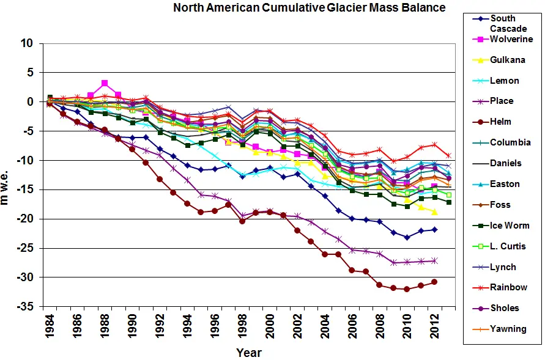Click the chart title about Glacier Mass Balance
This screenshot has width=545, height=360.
click(x=309, y=8)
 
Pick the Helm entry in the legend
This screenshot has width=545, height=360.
click(x=500, y=122)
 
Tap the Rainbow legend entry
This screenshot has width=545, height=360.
click(x=508, y=287)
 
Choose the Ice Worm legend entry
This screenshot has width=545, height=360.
click(x=510, y=225)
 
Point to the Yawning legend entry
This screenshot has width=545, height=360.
click(x=508, y=329)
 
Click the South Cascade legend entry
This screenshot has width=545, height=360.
click(x=503, y=23)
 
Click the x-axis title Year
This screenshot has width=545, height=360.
click(x=248, y=353)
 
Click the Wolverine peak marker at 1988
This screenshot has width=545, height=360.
click(x=105, y=83)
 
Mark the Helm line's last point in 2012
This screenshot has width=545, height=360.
click(x=434, y=282)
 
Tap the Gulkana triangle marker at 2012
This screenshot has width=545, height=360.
click(x=435, y=211)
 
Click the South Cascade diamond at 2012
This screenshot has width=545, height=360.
click(x=435, y=229)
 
